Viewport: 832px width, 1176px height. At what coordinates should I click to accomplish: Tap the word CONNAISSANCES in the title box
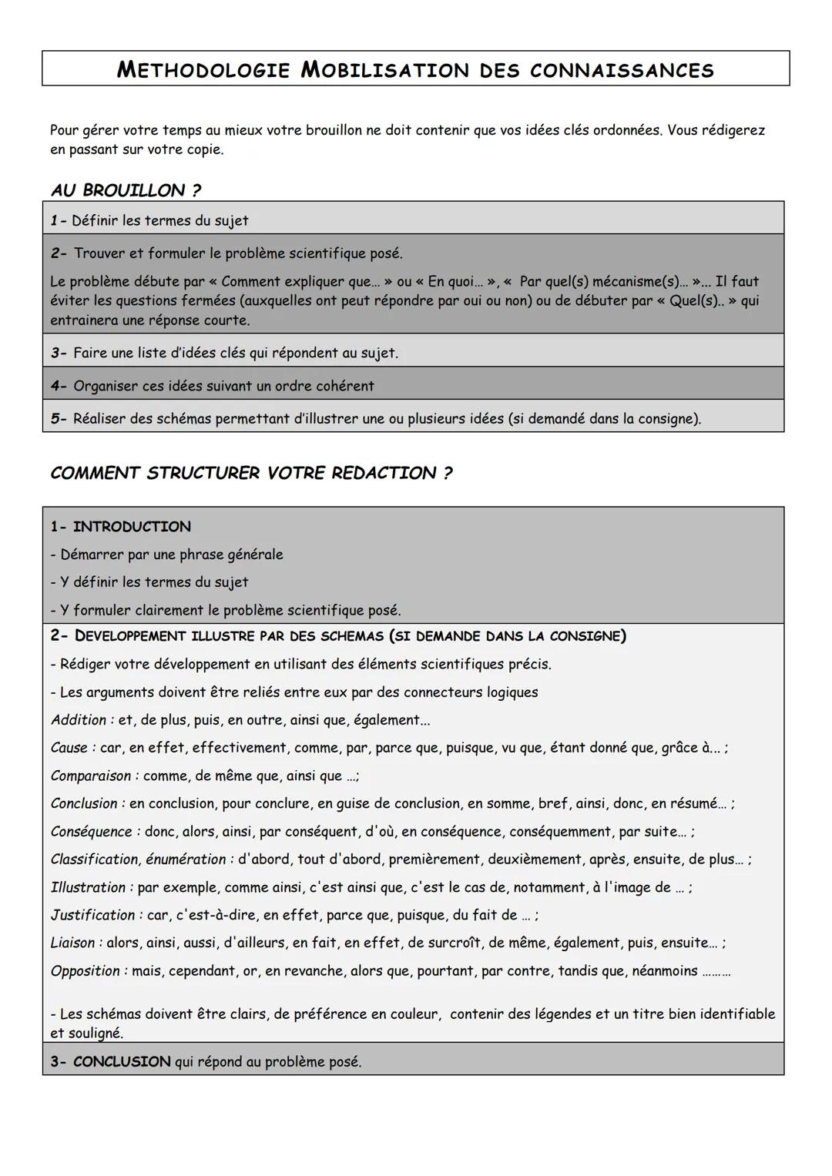point(622,70)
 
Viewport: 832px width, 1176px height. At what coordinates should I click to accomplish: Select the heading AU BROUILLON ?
point(126,190)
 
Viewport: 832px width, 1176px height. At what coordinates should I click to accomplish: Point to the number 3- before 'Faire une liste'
point(59,353)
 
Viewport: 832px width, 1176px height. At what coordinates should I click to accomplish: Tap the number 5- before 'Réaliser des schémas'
point(59,419)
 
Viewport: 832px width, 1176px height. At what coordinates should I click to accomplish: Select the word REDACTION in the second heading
point(384,473)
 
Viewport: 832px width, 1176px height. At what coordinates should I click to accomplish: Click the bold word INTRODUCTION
point(132,527)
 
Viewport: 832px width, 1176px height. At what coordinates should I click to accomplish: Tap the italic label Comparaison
point(91,776)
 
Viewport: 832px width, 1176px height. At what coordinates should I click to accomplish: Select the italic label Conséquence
point(92,832)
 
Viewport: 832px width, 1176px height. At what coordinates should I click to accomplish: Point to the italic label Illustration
point(88,887)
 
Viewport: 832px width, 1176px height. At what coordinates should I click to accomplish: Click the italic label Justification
point(92,915)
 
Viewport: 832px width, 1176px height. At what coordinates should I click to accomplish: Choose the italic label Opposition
point(86,971)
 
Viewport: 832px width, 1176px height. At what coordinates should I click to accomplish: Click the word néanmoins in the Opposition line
point(664,971)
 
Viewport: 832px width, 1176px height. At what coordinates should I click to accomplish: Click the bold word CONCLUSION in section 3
point(122,1062)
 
